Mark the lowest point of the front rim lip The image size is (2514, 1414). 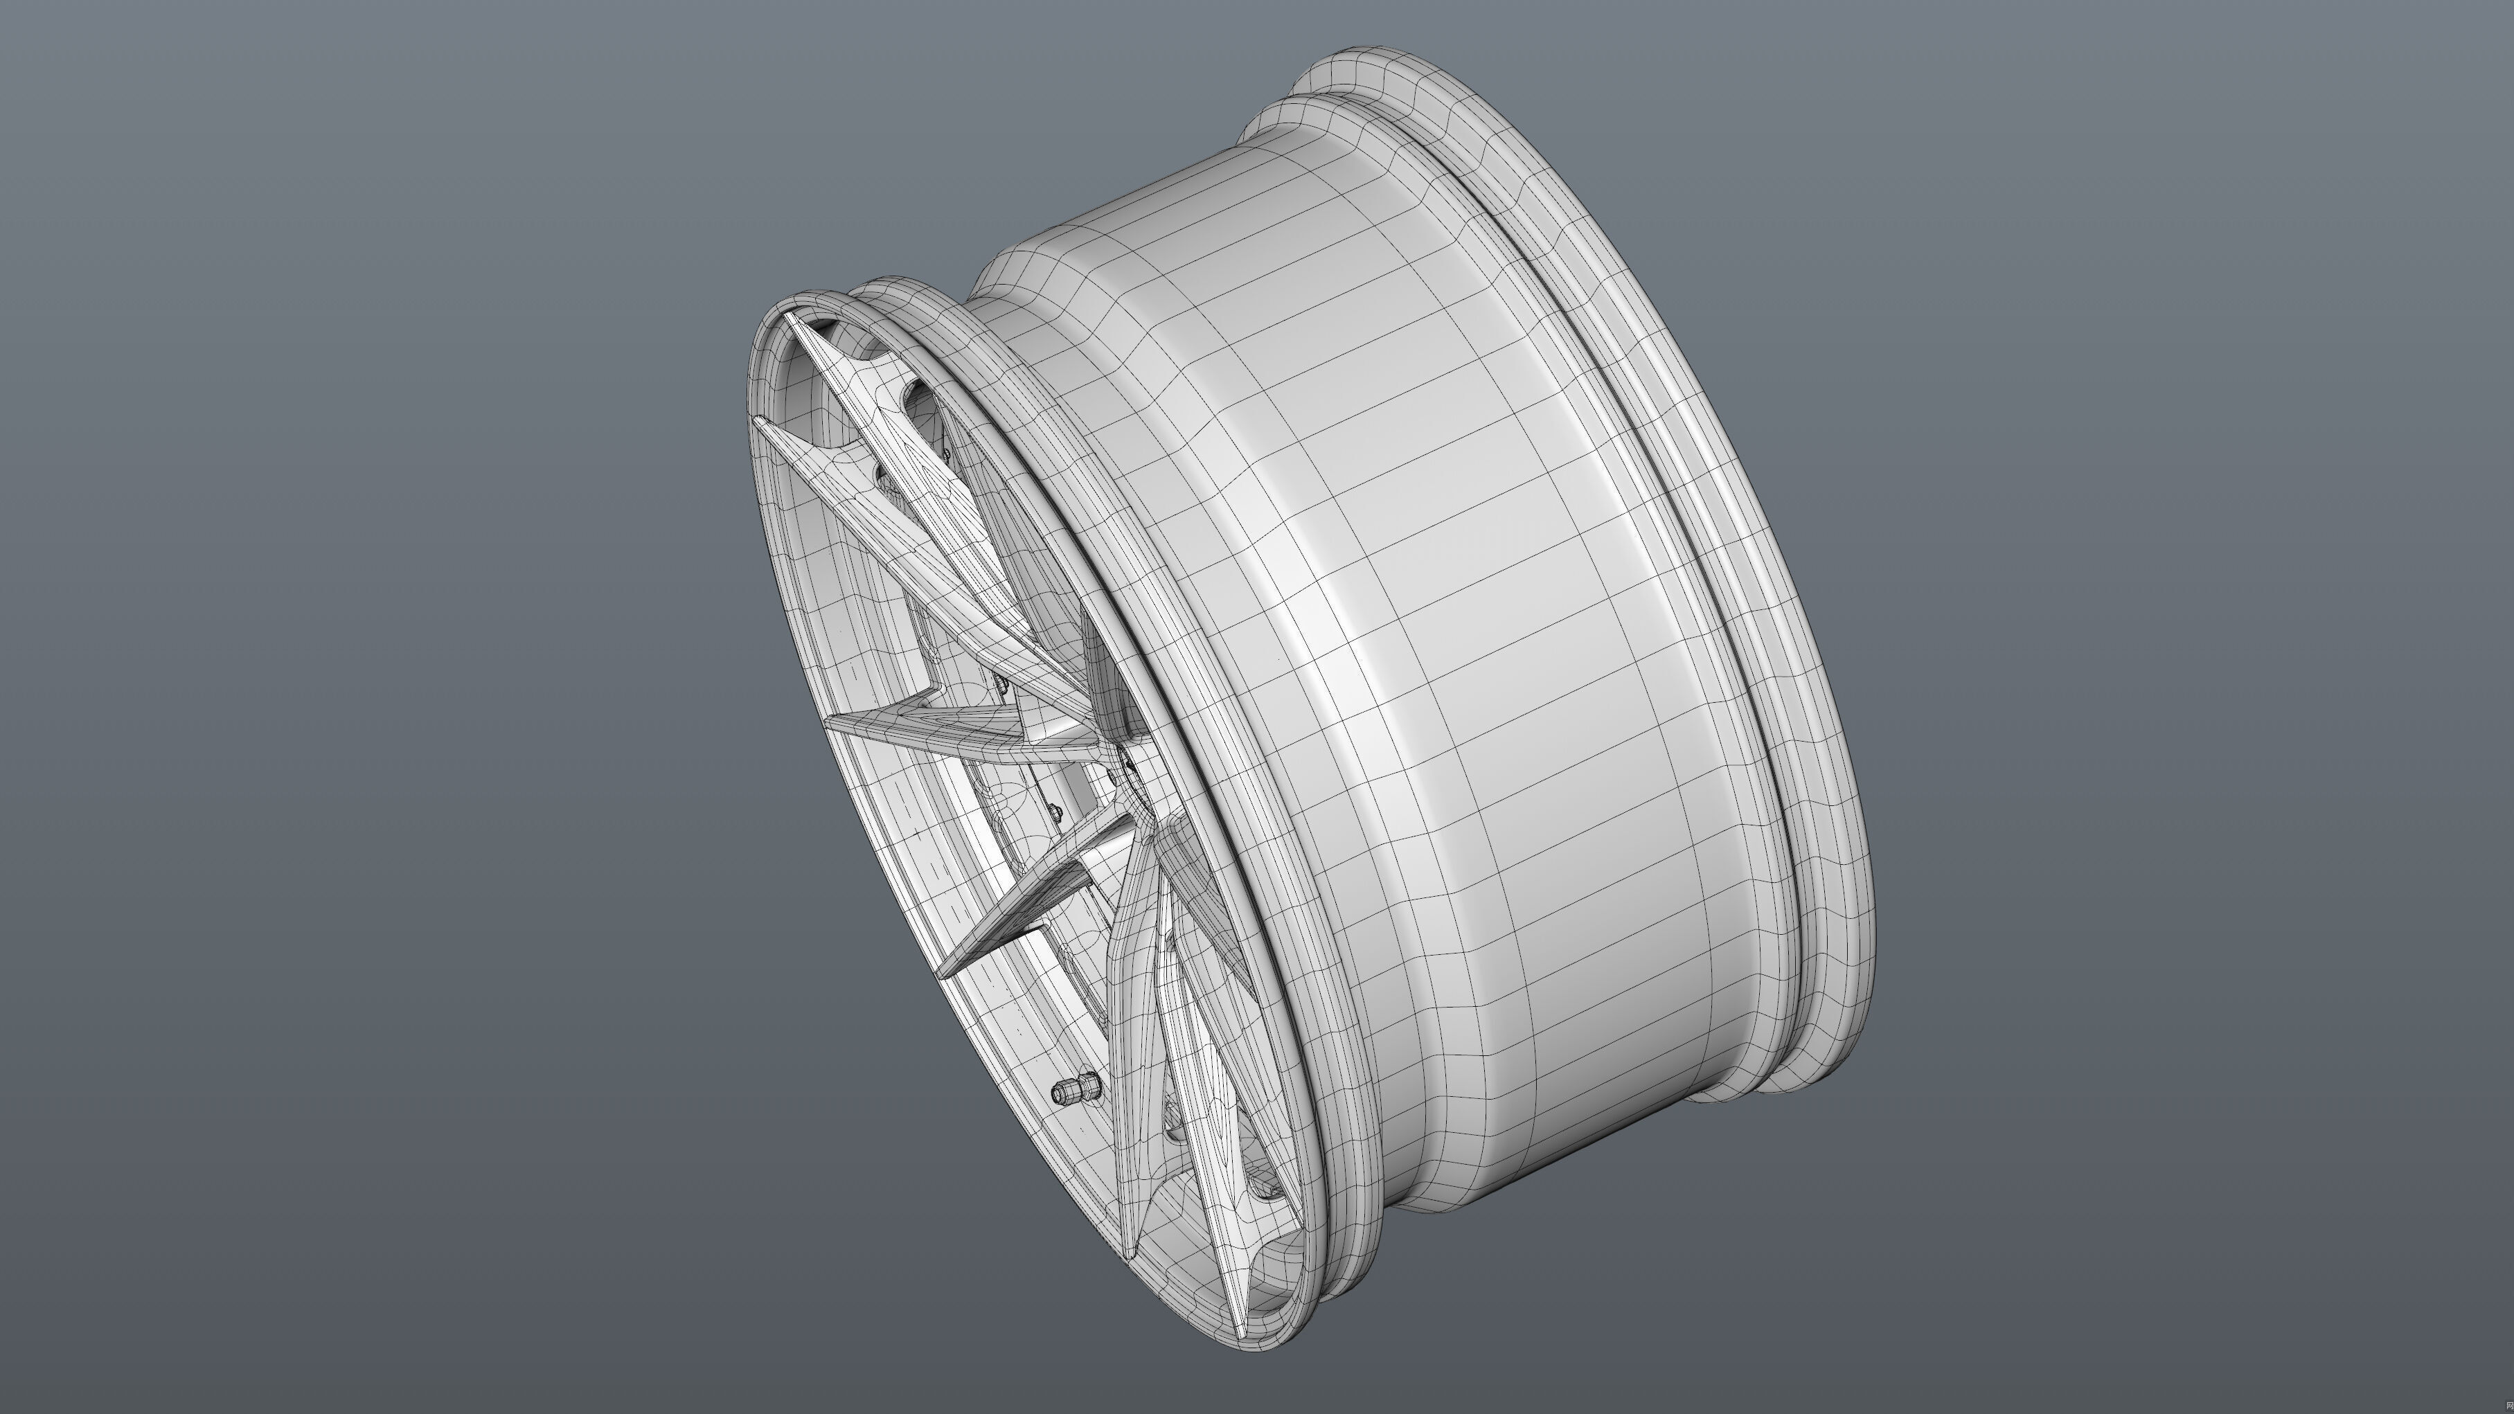click(1259, 1349)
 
